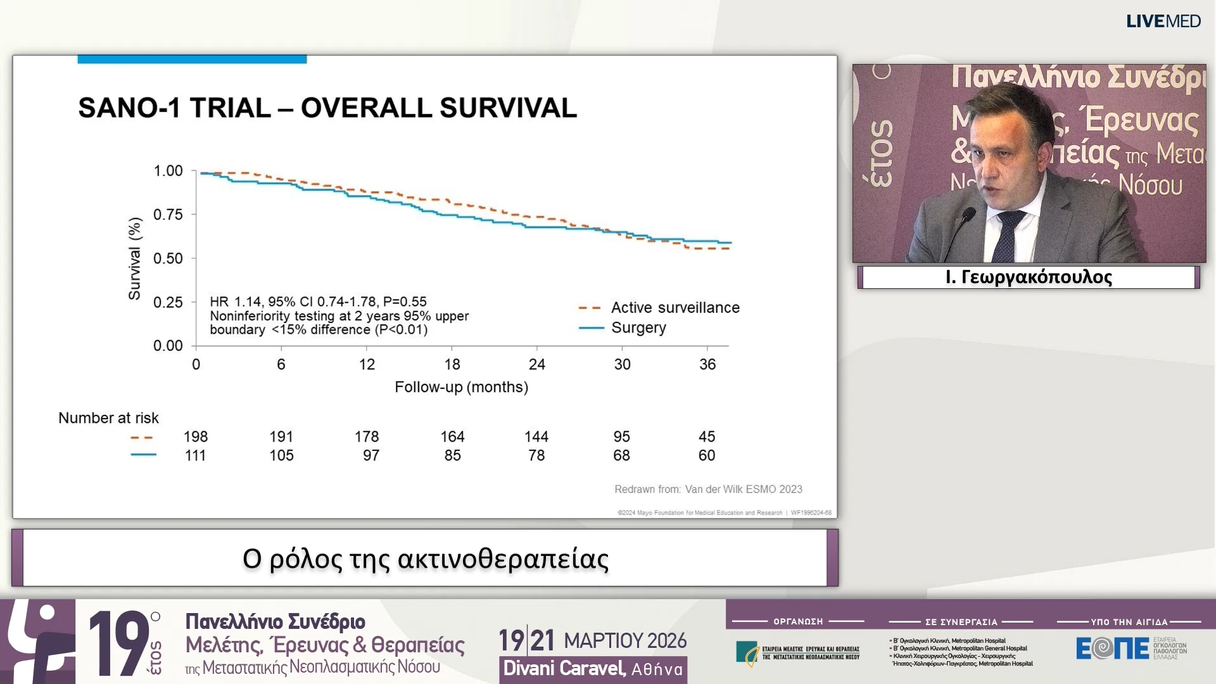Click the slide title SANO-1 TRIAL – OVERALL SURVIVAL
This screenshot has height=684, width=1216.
327,108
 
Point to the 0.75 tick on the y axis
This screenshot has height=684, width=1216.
168,215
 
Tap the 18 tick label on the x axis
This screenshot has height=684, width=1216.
452,365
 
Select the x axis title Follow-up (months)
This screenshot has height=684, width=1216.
461,387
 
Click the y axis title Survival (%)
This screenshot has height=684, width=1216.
134,258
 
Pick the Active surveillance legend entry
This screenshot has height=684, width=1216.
674,308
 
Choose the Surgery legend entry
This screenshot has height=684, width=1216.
638,328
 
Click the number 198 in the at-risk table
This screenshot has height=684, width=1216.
196,437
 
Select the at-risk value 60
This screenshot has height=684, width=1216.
706,455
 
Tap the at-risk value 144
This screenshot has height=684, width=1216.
536,437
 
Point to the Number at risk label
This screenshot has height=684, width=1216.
108,418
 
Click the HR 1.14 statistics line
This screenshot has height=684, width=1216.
318,302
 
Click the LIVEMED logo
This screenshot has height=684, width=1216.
1163,22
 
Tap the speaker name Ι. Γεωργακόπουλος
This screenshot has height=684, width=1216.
1029,277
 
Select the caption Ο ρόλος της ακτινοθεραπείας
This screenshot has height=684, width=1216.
425,559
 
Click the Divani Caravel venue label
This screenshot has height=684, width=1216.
593,669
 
